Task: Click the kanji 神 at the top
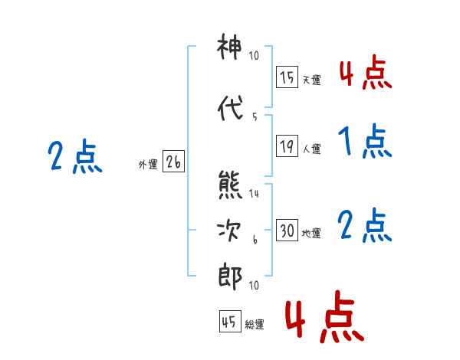click(x=229, y=46)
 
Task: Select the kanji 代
click(x=230, y=108)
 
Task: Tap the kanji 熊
click(x=230, y=185)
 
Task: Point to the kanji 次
click(x=229, y=231)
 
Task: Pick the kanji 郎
click(x=230, y=277)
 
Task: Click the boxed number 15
click(x=287, y=77)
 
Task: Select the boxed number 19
click(x=287, y=146)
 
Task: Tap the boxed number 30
click(x=287, y=230)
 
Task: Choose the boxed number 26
click(x=173, y=162)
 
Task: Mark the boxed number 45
click(x=230, y=321)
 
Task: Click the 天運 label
click(x=312, y=80)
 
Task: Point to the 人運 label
click(x=312, y=149)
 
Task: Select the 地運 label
click(x=311, y=234)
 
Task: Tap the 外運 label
click(x=148, y=165)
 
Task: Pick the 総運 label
click(x=255, y=325)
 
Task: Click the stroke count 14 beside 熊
click(x=254, y=194)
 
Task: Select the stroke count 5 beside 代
click(x=255, y=117)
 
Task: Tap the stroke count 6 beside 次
click(x=255, y=240)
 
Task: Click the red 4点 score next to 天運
click(x=366, y=73)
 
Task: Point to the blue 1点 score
click(x=365, y=141)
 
